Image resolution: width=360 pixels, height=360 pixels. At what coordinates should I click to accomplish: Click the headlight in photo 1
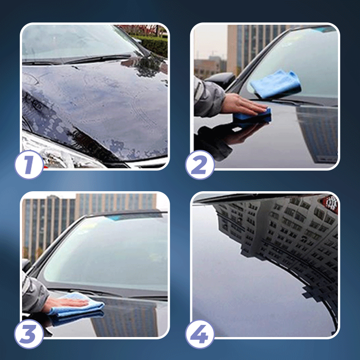point(49,151)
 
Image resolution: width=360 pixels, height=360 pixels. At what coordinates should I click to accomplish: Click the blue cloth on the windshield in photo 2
point(275,83)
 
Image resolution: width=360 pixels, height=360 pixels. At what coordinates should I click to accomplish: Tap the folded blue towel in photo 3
point(76,310)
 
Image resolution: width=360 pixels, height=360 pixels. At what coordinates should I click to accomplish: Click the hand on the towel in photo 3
point(63,302)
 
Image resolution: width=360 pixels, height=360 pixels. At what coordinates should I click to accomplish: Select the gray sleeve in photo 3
point(34,295)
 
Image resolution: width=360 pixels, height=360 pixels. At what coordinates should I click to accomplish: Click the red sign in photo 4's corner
point(332,203)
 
